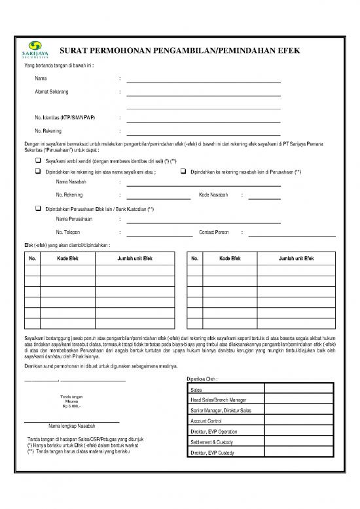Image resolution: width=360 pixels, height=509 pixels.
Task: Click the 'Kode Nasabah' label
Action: tap(213, 195)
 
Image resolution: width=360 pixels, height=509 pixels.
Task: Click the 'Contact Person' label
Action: tap(214, 232)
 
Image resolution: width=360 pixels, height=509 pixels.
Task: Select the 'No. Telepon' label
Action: tap(70, 232)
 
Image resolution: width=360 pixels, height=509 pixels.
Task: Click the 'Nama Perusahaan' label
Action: tap(74, 219)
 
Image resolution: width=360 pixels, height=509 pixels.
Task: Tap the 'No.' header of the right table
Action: tap(195, 259)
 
